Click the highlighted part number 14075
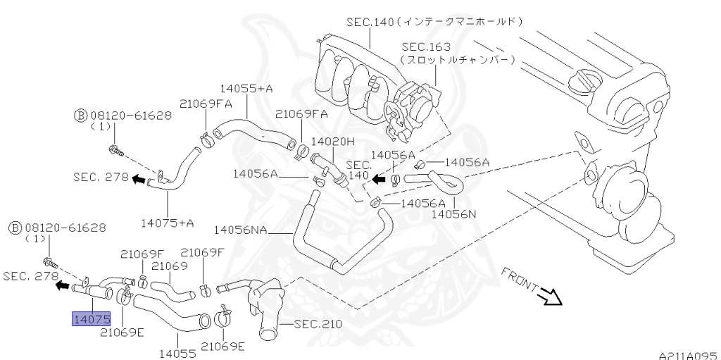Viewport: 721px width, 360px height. pyautogui.click(x=91, y=320)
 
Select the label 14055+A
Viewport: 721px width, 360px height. pyautogui.click(x=246, y=89)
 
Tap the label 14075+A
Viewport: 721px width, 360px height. pyautogui.click(x=168, y=223)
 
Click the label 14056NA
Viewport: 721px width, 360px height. pyautogui.click(x=242, y=229)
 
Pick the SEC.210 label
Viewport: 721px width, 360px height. pyautogui.click(x=318, y=324)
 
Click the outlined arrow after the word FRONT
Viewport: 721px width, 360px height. pyautogui.click(x=551, y=297)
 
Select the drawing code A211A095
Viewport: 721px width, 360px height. pyautogui.click(x=688, y=355)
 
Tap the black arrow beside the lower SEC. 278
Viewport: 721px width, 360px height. pyautogui.click(x=63, y=286)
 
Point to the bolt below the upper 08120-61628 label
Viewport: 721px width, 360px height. pyautogui.click(x=116, y=150)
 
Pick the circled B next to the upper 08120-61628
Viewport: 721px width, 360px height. pyautogui.click(x=80, y=115)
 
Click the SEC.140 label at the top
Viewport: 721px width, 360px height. pyautogui.click(x=370, y=22)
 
